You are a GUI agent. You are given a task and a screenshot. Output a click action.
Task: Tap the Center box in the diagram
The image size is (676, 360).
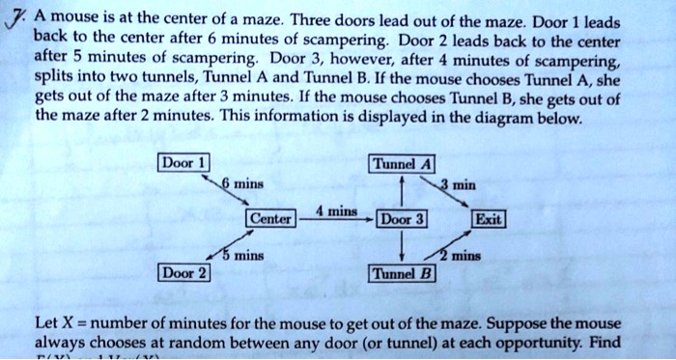pos(270,219)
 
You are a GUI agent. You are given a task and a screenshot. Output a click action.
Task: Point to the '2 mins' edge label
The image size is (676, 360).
pos(458,258)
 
